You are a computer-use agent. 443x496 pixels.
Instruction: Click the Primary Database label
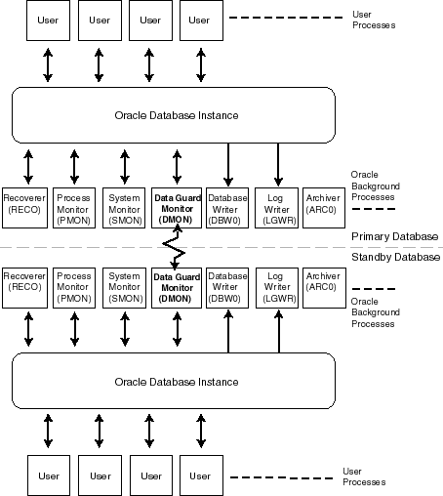(394, 236)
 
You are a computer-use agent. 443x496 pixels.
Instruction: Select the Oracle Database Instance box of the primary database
(175, 116)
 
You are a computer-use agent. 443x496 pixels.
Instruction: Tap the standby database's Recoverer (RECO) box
(24, 287)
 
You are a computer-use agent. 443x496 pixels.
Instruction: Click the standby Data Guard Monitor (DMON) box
(176, 287)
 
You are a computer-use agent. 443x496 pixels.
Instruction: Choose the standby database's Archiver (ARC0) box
(322, 287)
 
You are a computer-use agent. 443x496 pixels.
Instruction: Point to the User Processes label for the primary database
(373, 20)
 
